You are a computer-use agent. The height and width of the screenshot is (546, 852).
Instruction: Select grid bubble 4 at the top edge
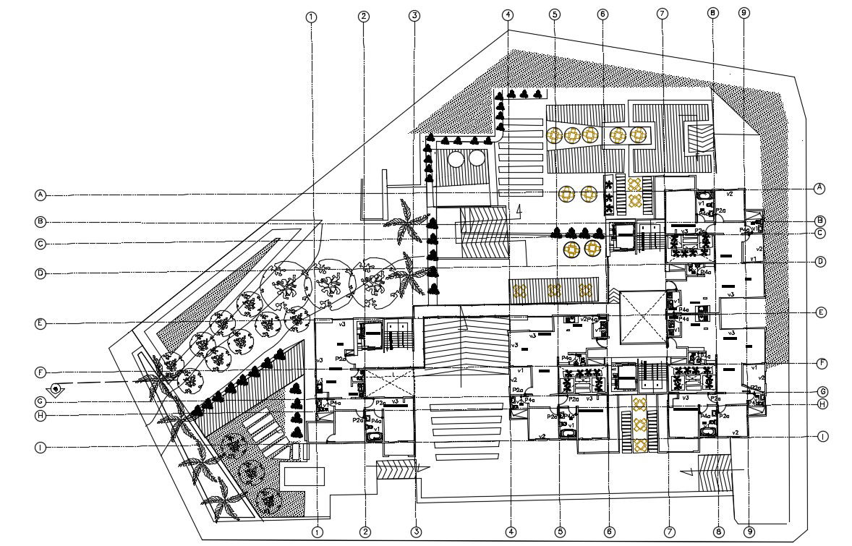[x=509, y=14]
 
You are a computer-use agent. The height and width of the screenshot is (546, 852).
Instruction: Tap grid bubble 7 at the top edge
[x=661, y=14]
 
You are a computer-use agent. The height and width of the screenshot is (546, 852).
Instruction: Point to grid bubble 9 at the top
[x=744, y=13]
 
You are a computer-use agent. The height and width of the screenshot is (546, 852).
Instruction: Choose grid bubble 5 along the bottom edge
[x=560, y=532]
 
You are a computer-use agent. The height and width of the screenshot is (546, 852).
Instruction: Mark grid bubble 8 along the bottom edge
[x=717, y=532]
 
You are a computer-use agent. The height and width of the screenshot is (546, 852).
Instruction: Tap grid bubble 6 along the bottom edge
[x=610, y=532]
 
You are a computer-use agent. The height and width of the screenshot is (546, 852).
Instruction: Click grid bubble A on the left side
[x=41, y=195]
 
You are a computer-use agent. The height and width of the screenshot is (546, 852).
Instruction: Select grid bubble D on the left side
[x=41, y=273]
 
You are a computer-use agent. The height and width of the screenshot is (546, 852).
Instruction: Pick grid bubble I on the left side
[x=41, y=448]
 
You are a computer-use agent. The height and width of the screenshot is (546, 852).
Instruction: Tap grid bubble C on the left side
[x=41, y=244]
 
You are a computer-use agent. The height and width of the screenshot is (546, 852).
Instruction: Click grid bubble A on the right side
[x=819, y=187]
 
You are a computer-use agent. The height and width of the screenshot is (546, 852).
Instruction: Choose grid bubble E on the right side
[x=820, y=312]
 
